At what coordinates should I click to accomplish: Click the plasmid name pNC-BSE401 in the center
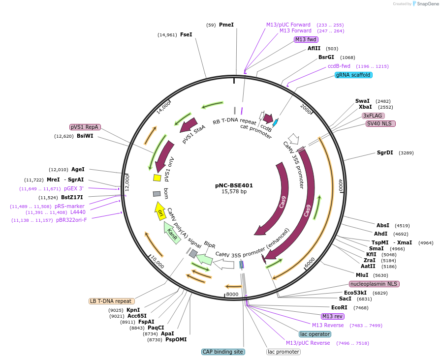234,185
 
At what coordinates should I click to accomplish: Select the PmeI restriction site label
226,25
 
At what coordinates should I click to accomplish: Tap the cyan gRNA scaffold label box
353,75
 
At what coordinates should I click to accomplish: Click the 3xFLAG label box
373,116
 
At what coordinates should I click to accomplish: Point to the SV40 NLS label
381,123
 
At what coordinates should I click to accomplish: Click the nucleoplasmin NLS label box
374,284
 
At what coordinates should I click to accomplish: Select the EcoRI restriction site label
340,307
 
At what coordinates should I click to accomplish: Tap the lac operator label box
315,334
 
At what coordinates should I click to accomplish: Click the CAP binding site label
223,352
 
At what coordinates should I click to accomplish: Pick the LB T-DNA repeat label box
111,301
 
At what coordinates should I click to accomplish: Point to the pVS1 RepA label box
85,127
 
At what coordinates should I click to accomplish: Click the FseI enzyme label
186,34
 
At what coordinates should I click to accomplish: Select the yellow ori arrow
160,210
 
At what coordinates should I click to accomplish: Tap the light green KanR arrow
171,231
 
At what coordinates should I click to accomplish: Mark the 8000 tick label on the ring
232,294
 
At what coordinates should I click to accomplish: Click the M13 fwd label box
306,39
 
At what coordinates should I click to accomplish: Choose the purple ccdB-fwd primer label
339,66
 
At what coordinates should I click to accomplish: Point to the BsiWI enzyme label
85,136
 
